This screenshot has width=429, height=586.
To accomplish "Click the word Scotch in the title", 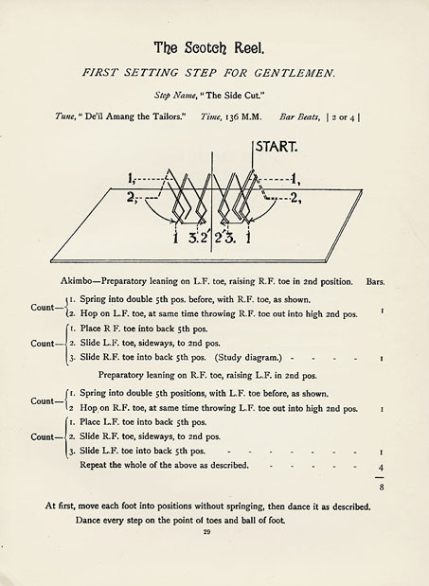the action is pyautogui.click(x=206, y=47).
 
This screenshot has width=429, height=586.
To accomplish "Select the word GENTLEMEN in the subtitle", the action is pyautogui.click(x=291, y=71).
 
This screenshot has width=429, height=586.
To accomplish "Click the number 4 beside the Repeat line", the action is pyautogui.click(x=381, y=468).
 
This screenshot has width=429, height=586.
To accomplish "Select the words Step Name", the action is pyautogui.click(x=175, y=95).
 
